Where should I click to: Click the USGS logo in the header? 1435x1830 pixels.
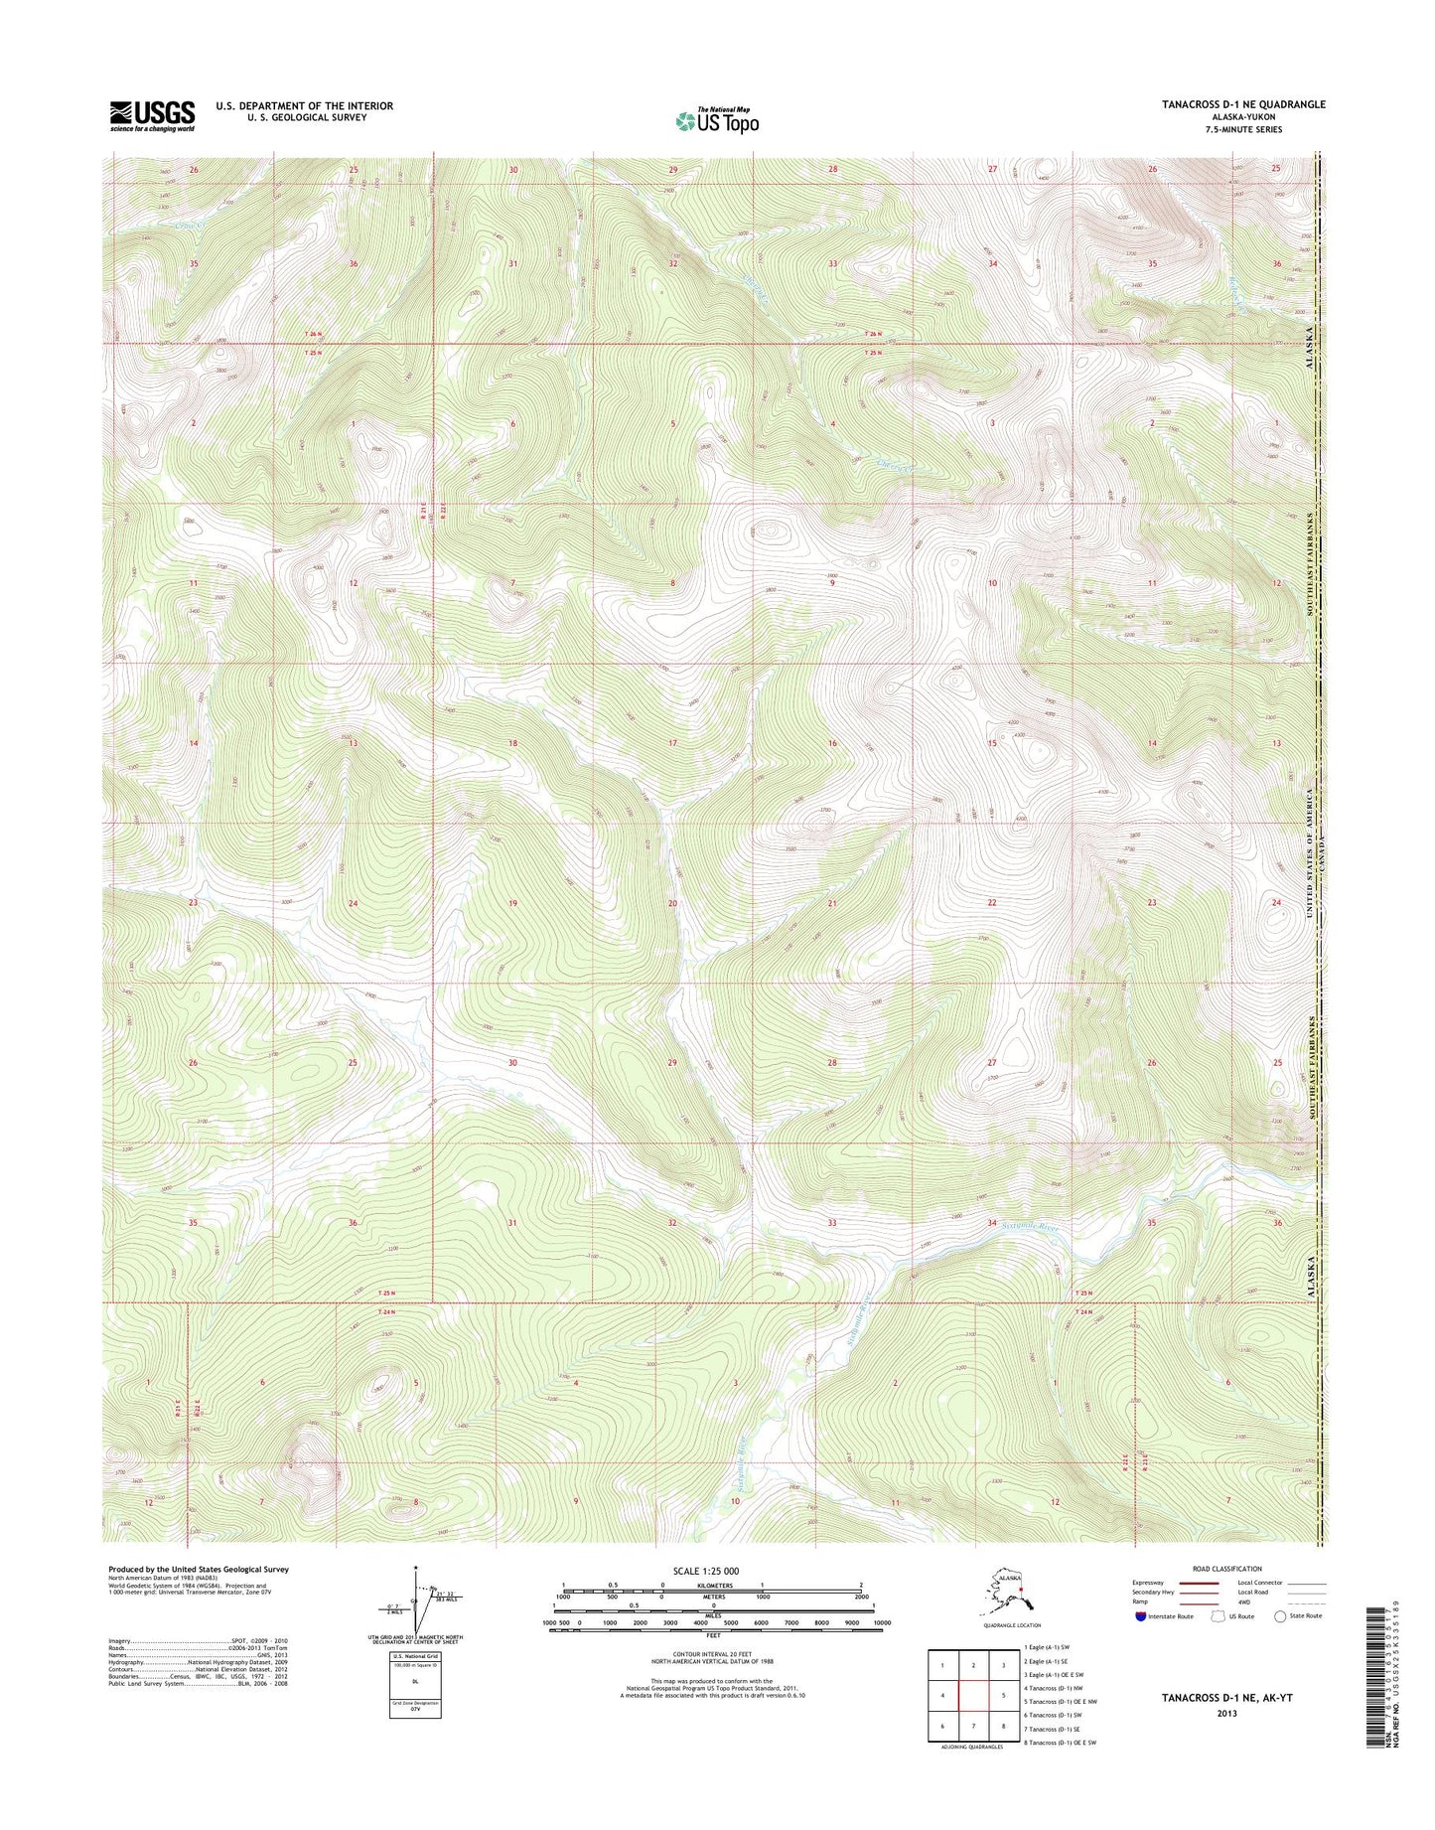click(x=151, y=115)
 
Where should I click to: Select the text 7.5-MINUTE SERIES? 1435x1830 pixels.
click(x=1242, y=129)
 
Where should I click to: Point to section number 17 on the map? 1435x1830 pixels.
click(x=672, y=743)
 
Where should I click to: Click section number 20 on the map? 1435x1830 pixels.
click(x=672, y=903)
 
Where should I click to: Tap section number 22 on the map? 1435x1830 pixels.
click(x=991, y=903)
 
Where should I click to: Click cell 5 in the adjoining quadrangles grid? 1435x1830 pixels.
click(x=1006, y=1696)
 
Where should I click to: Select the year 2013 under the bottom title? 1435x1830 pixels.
click(x=1227, y=1714)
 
